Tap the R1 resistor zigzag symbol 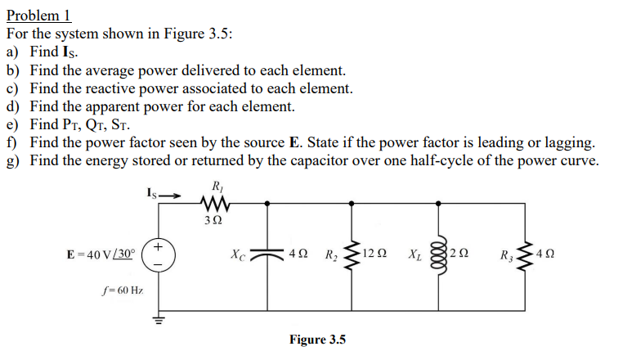tap(217, 202)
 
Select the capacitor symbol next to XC tap(267, 253)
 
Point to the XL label tap(415, 254)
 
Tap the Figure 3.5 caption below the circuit tap(317, 340)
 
